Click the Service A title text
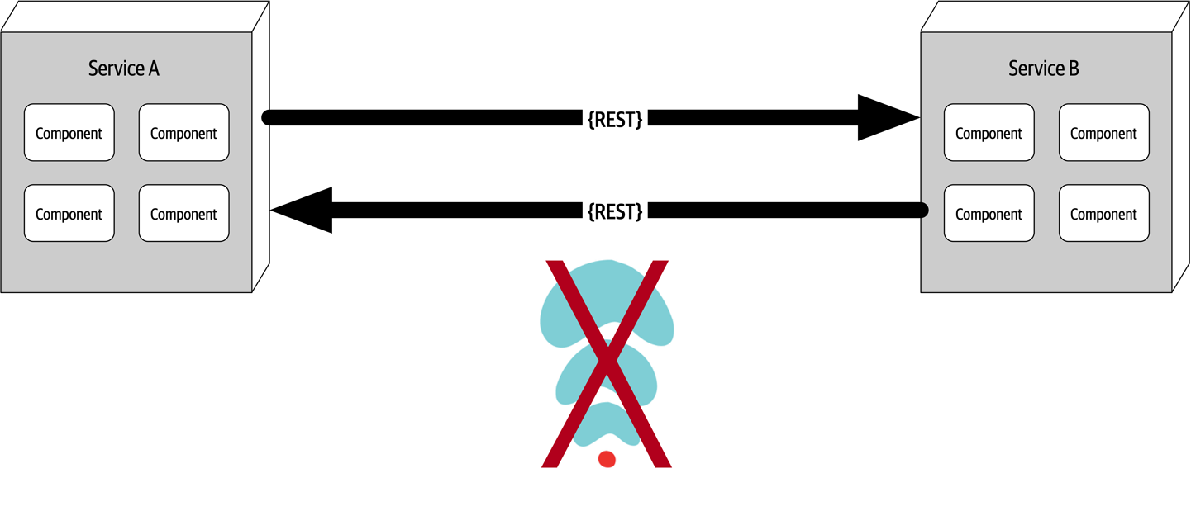124,69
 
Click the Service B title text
1044,69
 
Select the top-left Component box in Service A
69,133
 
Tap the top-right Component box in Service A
183,133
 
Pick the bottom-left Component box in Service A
69,214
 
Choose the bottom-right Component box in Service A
183,214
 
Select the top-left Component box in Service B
989,133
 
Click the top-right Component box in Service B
1103,133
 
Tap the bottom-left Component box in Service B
989,214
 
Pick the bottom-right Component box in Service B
1103,214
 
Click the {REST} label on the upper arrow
615,119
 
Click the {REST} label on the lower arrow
615,211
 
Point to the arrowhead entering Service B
888,118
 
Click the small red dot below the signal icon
607,459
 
